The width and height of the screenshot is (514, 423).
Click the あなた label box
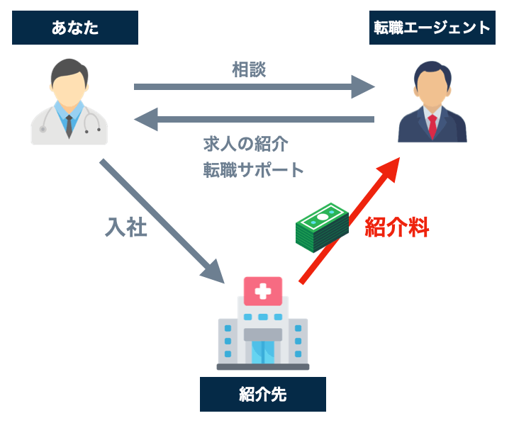[74, 28]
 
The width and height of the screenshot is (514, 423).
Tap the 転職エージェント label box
[432, 28]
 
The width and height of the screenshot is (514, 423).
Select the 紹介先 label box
[262, 394]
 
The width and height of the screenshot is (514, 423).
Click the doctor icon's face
[69, 80]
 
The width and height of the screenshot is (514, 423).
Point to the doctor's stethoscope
[91, 121]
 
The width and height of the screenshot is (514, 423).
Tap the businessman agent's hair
[432, 69]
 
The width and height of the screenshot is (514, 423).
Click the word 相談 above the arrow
[249, 69]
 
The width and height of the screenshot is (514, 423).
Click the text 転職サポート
[253, 170]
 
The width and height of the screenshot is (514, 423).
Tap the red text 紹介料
[397, 227]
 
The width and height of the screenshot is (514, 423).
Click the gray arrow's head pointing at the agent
[362, 87]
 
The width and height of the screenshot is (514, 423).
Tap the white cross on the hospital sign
[263, 290]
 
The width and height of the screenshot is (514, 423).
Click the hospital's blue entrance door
[263, 351]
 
